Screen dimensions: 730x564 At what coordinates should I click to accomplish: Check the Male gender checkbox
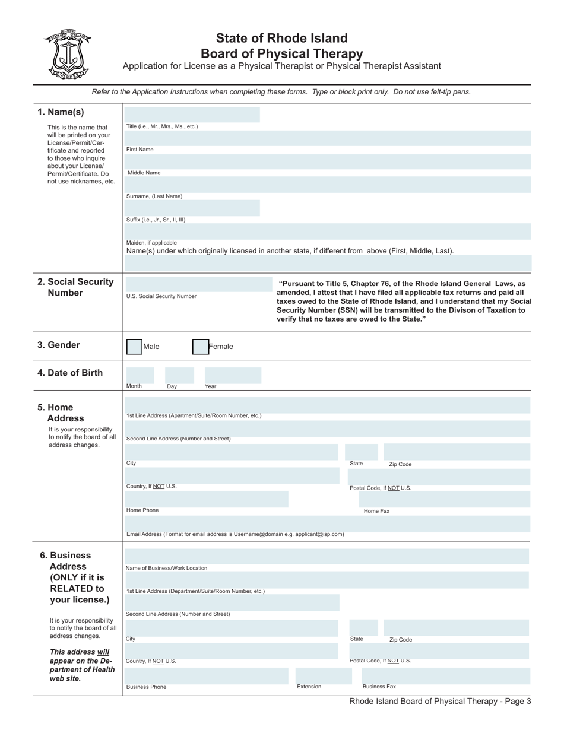[135, 347]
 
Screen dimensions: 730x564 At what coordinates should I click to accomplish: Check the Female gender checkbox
[201, 347]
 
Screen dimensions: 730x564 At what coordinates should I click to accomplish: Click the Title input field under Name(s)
[192, 115]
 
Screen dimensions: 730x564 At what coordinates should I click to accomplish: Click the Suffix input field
[192, 208]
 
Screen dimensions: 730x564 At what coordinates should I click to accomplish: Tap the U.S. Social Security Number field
[192, 284]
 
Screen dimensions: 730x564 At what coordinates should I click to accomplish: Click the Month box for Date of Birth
[140, 375]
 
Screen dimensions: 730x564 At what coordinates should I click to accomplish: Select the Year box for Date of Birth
[232, 375]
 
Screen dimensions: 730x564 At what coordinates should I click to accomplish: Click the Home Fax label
[376, 511]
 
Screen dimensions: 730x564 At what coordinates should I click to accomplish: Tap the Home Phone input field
[206, 499]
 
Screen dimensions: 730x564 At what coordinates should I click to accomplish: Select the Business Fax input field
[441, 676]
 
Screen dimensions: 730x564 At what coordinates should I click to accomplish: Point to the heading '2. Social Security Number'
[75, 287]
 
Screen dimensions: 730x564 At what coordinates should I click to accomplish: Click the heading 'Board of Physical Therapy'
[281, 53]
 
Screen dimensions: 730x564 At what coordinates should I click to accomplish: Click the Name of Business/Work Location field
[327, 557]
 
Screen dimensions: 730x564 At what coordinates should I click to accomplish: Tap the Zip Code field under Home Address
[457, 452]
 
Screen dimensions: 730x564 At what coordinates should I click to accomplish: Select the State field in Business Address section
[363, 627]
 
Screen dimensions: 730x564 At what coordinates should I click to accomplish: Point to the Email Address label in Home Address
[235, 534]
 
